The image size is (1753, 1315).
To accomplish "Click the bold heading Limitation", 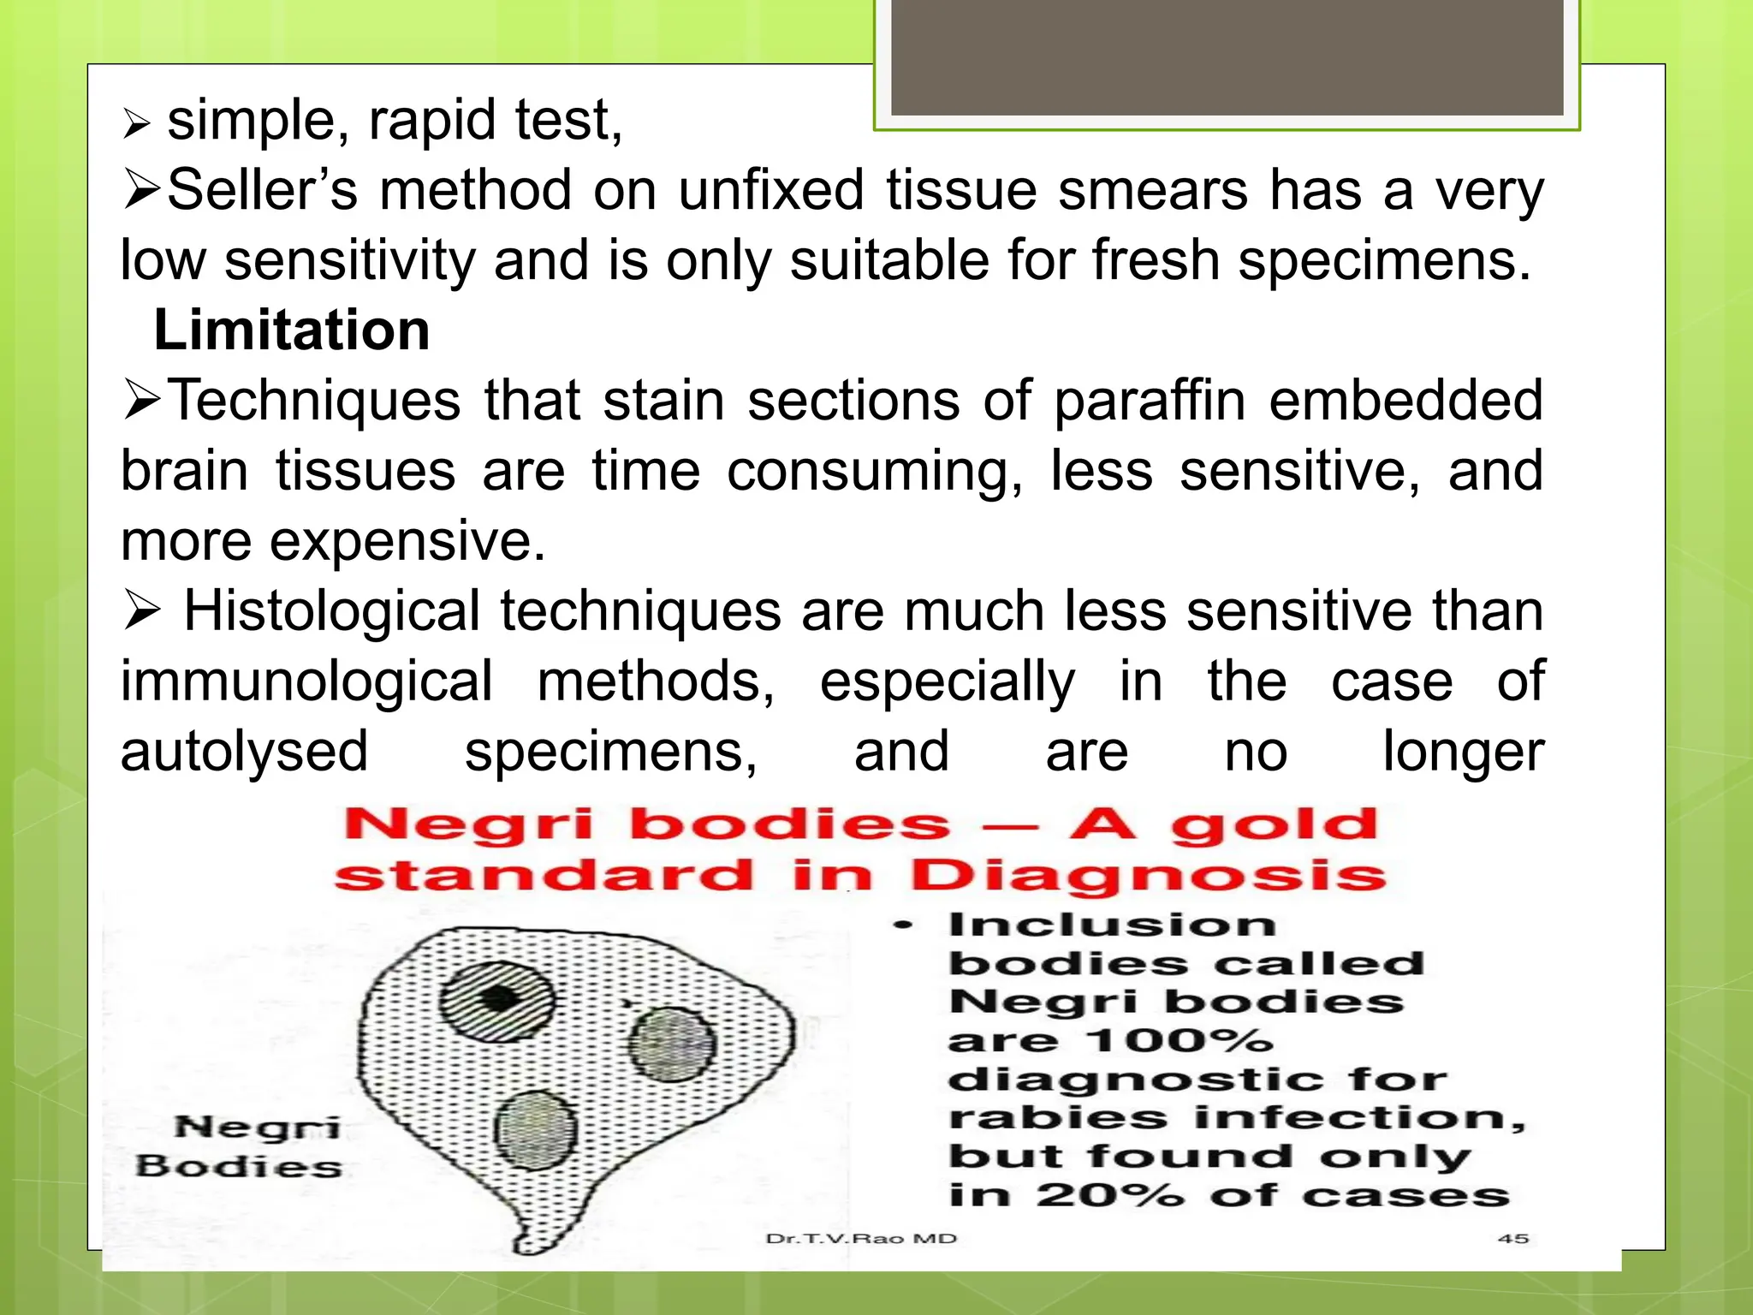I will (291, 330).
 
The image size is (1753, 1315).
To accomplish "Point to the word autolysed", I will (244, 752).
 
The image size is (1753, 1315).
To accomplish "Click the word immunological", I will (306, 681).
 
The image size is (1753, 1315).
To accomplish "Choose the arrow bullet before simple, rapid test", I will (137, 124).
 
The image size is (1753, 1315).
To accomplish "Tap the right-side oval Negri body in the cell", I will (672, 1044).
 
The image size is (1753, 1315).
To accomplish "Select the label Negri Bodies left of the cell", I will (240, 1147).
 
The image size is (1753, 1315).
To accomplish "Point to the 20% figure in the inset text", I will (1109, 1195).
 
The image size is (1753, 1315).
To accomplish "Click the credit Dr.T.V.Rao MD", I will (861, 1239).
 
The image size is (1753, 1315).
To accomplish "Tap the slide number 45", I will (1513, 1238).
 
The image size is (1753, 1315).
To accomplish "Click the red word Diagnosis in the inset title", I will (1147, 877).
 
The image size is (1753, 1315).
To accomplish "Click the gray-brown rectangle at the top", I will (1227, 57).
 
